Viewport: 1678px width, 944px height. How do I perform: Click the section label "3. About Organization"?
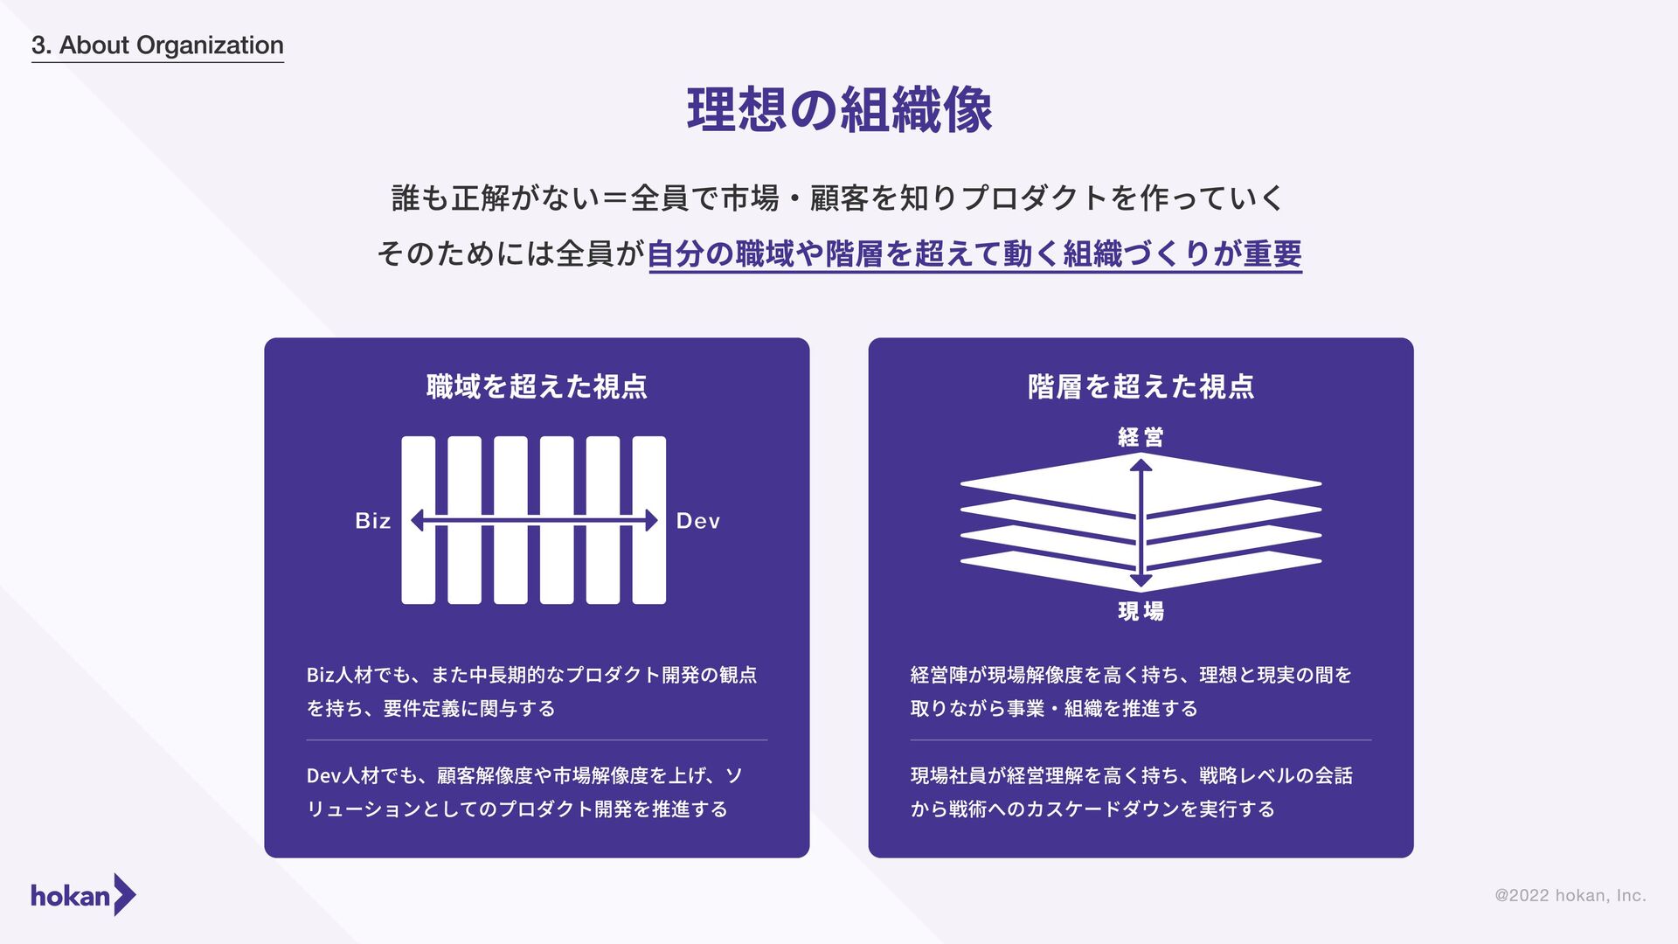point(157,45)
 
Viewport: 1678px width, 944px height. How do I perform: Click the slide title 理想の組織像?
point(839,111)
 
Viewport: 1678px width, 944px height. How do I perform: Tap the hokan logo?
point(83,895)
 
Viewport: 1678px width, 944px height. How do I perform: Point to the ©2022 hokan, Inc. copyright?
point(1570,895)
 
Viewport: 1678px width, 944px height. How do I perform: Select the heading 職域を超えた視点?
point(537,386)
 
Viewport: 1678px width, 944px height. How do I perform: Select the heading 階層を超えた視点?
point(1141,386)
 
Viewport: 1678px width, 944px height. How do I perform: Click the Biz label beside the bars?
point(373,521)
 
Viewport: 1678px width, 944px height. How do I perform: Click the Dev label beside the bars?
point(697,521)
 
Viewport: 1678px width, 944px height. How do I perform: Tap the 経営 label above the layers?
point(1141,437)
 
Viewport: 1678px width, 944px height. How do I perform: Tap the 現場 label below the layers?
point(1141,611)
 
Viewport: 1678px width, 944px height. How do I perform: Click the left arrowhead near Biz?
point(418,521)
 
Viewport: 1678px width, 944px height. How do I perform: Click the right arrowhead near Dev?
point(650,521)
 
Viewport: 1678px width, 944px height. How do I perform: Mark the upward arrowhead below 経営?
point(1141,466)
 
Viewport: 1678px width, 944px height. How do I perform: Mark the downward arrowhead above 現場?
point(1141,581)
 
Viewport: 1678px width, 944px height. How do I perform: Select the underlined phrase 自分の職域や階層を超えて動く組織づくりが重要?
point(974,254)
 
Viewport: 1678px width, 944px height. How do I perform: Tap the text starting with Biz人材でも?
point(531,691)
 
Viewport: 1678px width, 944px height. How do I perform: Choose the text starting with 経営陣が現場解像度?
point(1131,691)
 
